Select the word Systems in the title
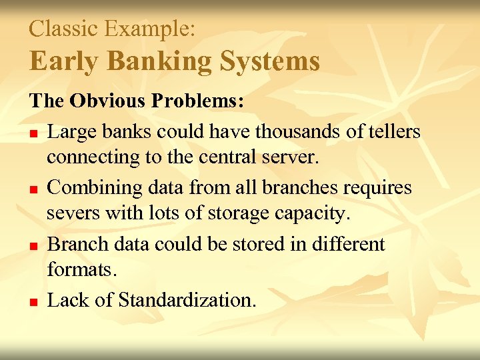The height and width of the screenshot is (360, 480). [x=270, y=62]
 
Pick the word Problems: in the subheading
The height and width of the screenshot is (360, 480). [x=198, y=102]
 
